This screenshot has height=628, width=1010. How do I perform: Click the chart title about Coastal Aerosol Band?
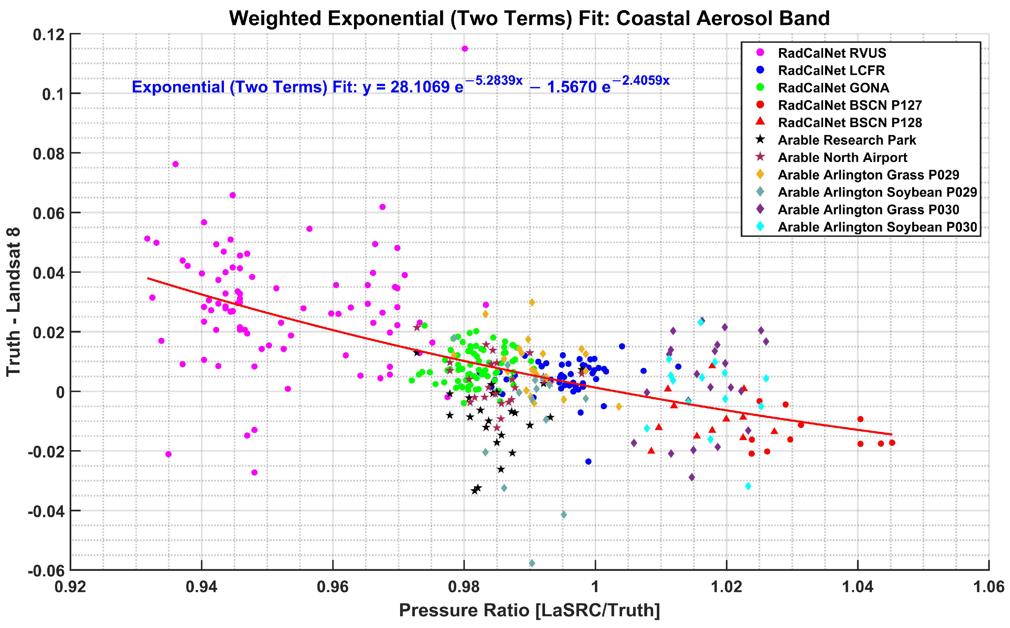pos(529,18)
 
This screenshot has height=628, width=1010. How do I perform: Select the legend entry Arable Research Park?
pos(846,140)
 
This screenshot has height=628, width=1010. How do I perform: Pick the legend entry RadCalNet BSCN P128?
pos(850,123)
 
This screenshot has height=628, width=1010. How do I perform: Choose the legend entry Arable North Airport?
pos(842,158)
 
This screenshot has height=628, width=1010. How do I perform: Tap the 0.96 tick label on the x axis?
pos(333,587)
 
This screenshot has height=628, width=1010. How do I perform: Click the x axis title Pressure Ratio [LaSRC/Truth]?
pos(529,611)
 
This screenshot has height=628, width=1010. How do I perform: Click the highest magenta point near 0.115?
pos(465,49)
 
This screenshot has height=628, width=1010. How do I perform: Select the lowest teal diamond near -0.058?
pos(532,563)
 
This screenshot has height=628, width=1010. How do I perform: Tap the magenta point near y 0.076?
pos(175,164)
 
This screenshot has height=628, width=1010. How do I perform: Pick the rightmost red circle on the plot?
pos(892,443)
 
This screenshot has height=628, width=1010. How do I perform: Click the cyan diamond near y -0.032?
pos(748,486)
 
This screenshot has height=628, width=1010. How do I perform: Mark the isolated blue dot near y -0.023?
pos(588,461)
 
